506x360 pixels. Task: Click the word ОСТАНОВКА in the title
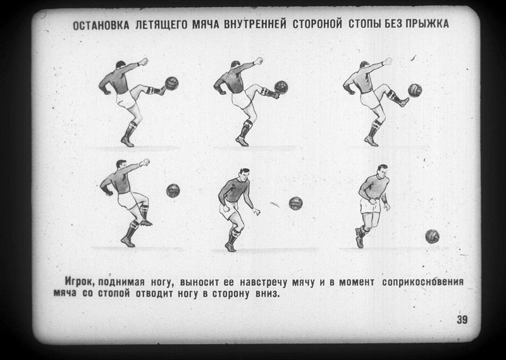click(101, 25)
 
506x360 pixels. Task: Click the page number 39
click(462, 320)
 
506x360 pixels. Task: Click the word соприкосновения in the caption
click(423, 282)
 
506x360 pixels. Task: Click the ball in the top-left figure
click(171, 84)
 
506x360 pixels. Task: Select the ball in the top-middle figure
click(281, 87)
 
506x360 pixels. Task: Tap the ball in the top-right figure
click(415, 90)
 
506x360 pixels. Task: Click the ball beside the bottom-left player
click(173, 190)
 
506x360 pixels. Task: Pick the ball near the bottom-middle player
click(295, 203)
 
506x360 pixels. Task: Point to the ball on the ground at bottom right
click(432, 236)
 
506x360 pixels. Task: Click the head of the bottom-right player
click(383, 171)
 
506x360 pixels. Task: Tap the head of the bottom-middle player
click(244, 175)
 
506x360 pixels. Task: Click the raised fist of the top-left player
click(144, 61)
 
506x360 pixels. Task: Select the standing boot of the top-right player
click(371, 141)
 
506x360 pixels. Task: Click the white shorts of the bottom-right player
click(371, 206)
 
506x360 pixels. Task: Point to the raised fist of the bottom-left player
click(145, 163)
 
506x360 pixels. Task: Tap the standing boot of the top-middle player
click(242, 141)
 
